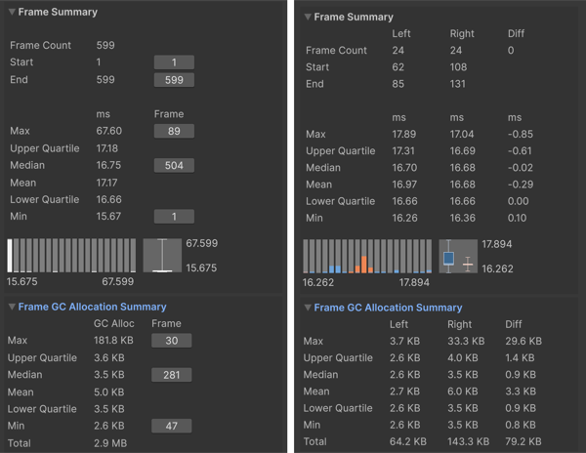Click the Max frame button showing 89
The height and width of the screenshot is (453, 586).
[x=174, y=131]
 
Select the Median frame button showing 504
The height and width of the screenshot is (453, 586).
[x=174, y=165]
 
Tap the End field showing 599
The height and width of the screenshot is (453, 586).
[x=174, y=80]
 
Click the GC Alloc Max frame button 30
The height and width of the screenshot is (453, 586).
[x=172, y=341]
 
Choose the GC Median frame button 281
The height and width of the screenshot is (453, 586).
[x=172, y=375]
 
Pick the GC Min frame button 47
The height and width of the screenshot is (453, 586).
[x=172, y=426]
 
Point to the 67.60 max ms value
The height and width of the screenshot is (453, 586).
[x=109, y=131]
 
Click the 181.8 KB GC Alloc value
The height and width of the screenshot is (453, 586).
[x=113, y=340]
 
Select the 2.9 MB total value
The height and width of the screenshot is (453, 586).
[x=110, y=443]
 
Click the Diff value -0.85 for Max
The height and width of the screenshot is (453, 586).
[x=521, y=134]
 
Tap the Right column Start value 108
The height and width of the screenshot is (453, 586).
[x=458, y=67]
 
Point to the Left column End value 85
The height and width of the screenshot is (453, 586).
[x=398, y=84]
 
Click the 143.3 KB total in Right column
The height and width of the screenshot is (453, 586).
[x=468, y=442]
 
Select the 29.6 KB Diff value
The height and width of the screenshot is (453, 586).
[x=523, y=341]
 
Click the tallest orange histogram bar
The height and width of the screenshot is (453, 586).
[x=364, y=264]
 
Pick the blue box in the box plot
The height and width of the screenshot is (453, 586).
[x=448, y=258]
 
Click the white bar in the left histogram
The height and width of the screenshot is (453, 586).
[x=10, y=256]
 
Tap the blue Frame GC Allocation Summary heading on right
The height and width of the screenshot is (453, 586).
[x=388, y=308]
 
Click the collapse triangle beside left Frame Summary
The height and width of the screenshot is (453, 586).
[x=12, y=12]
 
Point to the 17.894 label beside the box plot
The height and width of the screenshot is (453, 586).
[x=497, y=244]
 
